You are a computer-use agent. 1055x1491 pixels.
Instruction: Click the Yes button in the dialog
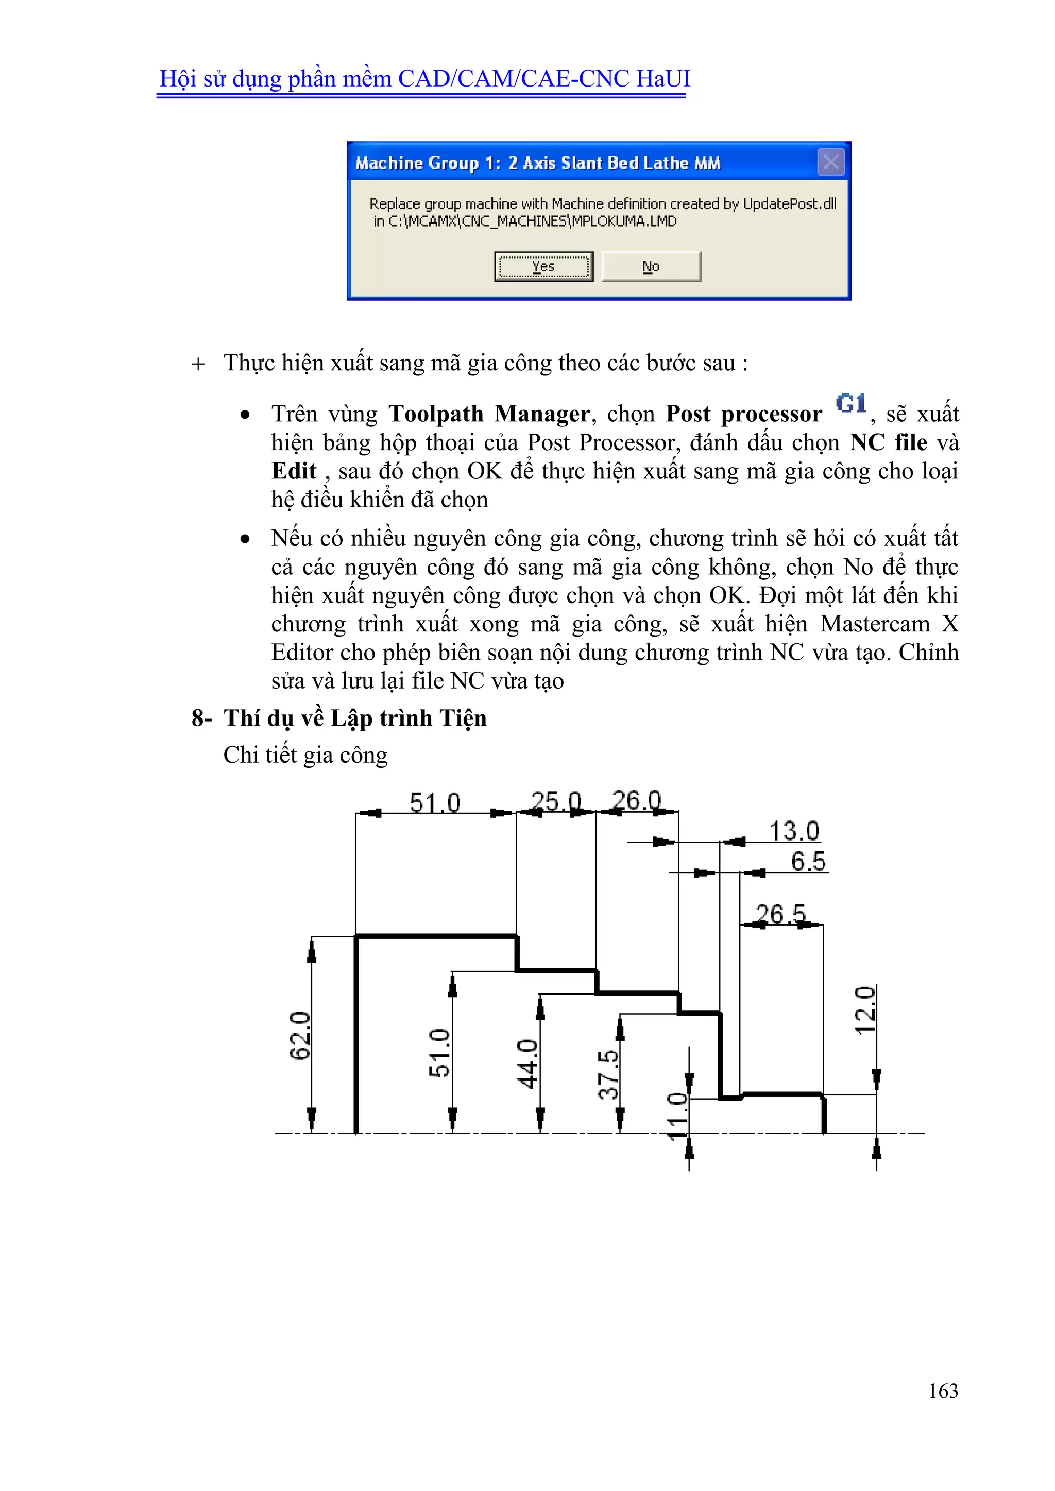click(543, 267)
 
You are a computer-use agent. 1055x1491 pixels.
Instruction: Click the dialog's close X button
click(830, 162)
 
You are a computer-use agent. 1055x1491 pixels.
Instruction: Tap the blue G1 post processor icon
click(850, 403)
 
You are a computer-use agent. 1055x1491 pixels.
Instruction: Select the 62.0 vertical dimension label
click(300, 1036)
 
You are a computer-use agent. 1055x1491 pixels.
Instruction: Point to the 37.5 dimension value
click(609, 1074)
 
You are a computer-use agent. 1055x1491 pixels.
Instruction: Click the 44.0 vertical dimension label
click(527, 1064)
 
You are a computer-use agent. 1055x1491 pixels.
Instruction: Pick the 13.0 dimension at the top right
click(794, 831)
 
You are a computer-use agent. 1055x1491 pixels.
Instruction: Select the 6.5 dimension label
click(808, 862)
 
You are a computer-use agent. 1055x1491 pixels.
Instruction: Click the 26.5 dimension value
click(780, 914)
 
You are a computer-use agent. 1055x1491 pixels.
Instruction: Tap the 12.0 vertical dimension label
click(865, 1010)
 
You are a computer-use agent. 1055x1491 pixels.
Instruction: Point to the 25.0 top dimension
click(555, 801)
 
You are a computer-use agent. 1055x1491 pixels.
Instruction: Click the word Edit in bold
click(294, 471)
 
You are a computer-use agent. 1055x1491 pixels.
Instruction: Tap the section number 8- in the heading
click(201, 718)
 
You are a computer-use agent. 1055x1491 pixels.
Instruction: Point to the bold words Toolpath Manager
click(488, 414)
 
